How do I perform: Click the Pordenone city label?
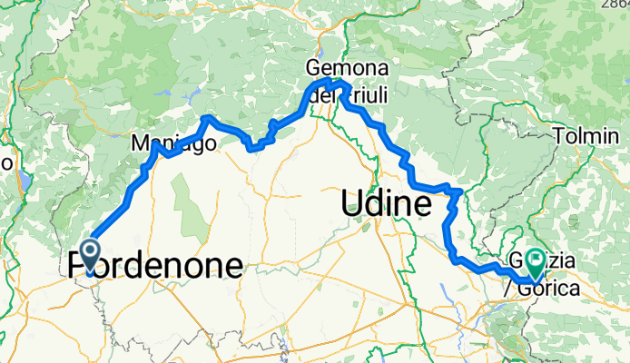155,266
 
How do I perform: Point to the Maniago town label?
173,143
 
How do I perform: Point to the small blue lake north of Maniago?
165,93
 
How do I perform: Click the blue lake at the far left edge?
25,180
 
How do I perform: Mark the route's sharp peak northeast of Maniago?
208,117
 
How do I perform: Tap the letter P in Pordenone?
76,266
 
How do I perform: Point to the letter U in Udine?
353,204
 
